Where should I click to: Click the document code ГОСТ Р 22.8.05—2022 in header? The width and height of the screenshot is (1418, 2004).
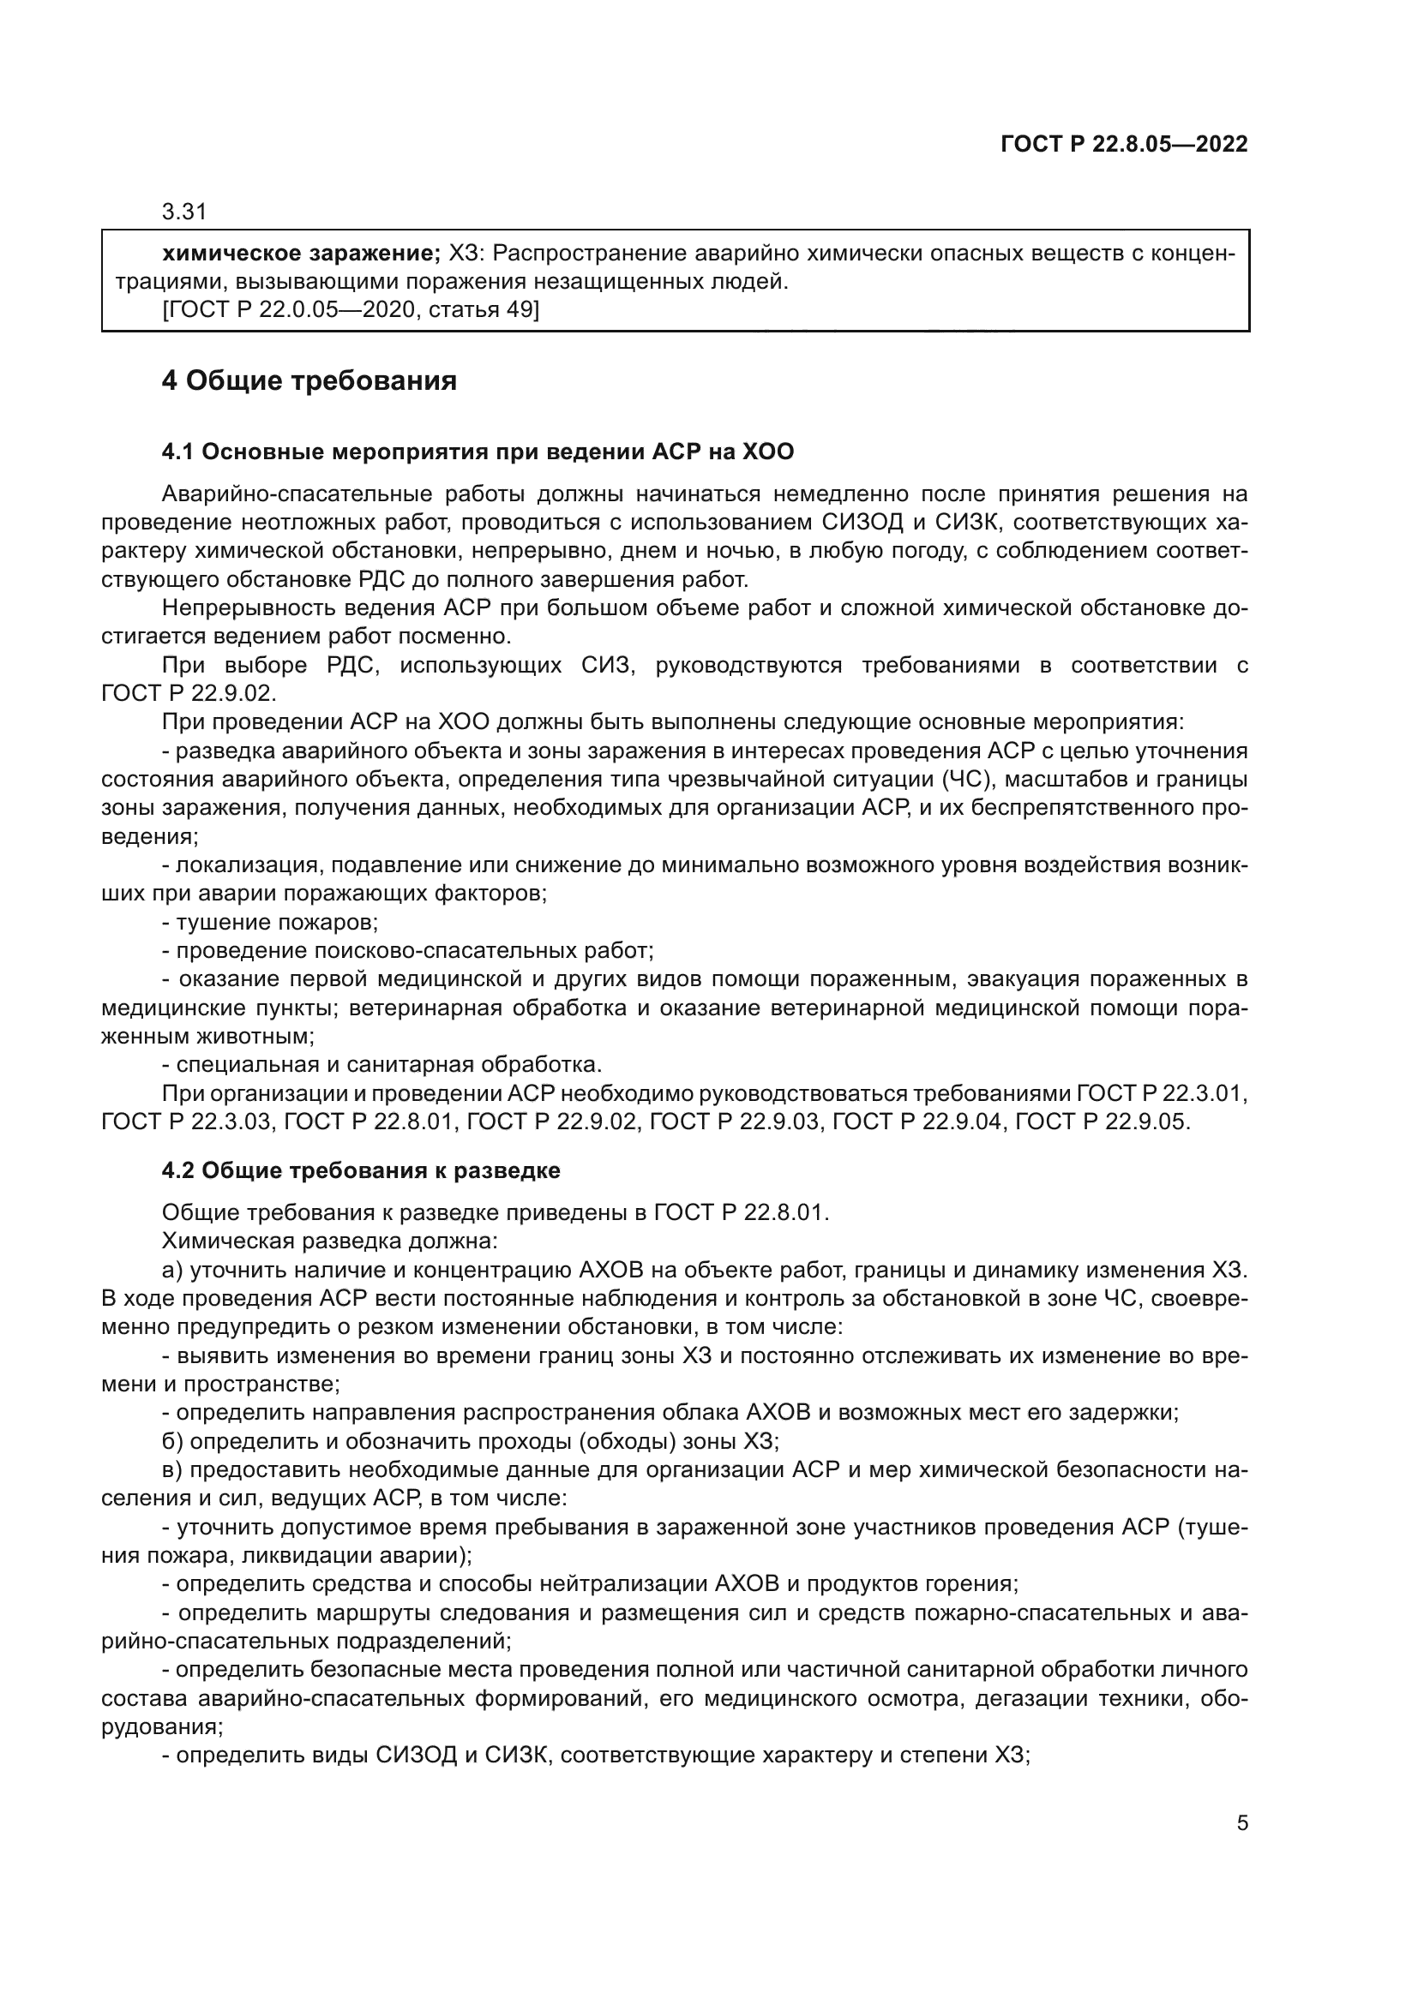click(x=1124, y=145)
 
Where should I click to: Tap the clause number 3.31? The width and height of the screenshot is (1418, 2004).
click(x=183, y=212)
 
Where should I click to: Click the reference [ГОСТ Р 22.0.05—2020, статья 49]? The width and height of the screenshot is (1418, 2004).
click(x=350, y=310)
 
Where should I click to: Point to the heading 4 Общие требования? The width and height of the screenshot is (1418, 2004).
click(x=309, y=381)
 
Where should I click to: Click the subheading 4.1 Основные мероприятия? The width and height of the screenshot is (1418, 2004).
click(x=478, y=452)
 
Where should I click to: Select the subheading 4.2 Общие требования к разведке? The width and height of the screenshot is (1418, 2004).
click(x=361, y=1170)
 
